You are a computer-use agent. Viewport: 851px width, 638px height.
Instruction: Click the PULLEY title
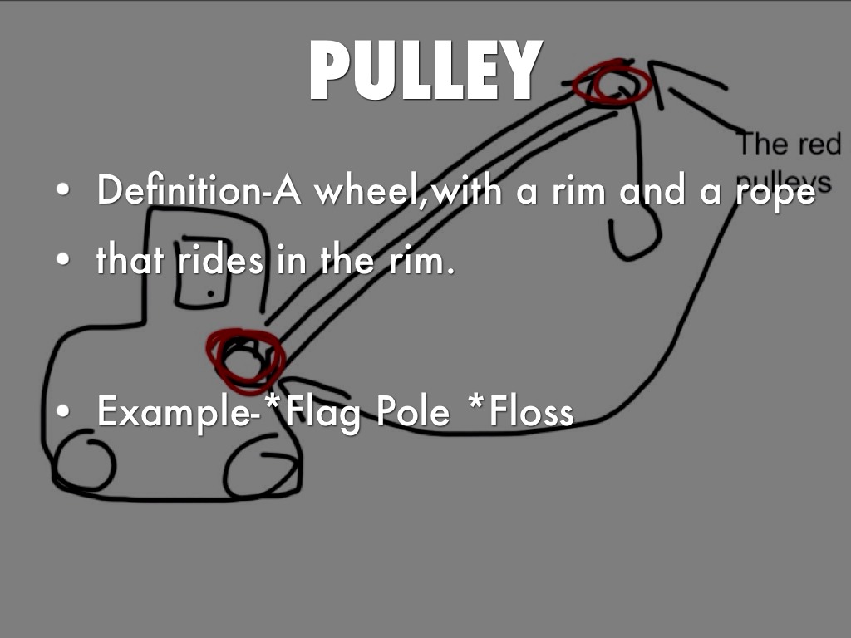[x=426, y=70]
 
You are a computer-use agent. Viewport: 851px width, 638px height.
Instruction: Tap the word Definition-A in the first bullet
[x=199, y=190]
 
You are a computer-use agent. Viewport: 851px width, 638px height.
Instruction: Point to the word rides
[x=219, y=260]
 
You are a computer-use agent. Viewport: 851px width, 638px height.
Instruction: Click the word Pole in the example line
[x=412, y=410]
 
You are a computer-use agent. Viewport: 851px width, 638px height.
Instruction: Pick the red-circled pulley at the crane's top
[x=612, y=82]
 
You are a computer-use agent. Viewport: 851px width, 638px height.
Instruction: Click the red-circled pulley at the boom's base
[x=245, y=360]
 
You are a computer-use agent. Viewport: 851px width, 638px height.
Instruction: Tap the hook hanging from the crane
[x=634, y=234]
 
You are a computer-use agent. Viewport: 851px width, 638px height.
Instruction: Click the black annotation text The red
[x=790, y=143]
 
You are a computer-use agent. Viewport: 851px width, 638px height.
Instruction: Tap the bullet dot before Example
[x=63, y=410]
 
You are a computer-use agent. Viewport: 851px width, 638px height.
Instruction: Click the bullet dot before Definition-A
[x=63, y=190]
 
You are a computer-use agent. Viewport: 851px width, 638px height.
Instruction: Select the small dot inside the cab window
[x=210, y=294]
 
